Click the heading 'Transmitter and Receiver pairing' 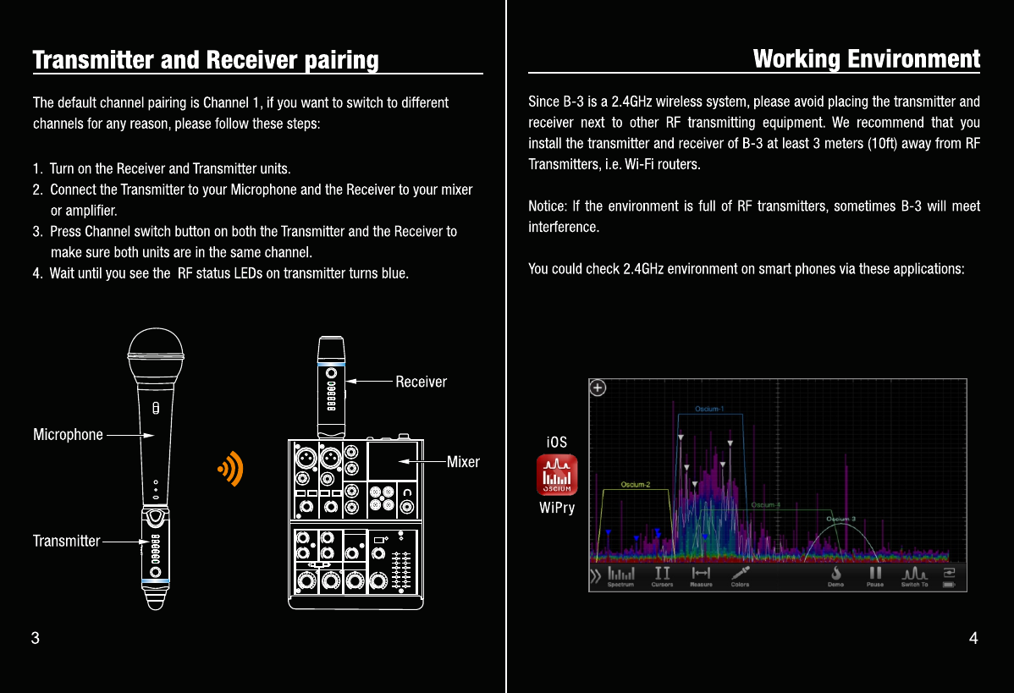point(206,61)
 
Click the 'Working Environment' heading point(866,59)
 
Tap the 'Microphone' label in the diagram point(68,435)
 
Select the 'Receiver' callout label point(421,382)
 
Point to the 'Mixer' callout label point(463,462)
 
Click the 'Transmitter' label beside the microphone point(66,541)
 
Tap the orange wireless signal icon point(230,468)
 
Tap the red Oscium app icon point(557,476)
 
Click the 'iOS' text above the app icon point(557,442)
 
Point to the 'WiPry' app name point(557,508)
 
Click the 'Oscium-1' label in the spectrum point(709,410)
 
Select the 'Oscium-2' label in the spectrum point(635,485)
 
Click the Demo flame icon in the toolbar point(835,576)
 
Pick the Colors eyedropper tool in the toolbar point(741,576)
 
